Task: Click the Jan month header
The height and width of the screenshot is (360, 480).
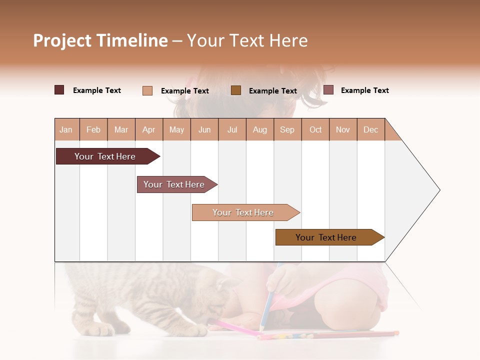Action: pyautogui.click(x=66, y=129)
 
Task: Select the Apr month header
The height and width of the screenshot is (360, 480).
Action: pyautogui.click(x=148, y=129)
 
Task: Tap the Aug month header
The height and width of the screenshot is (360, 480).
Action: pyautogui.click(x=259, y=129)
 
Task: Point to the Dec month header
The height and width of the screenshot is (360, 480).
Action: pyautogui.click(x=370, y=129)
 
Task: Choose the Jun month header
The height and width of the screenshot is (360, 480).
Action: pyautogui.click(x=204, y=129)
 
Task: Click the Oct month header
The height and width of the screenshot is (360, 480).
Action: pyautogui.click(x=315, y=129)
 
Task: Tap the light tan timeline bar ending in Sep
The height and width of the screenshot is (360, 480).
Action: pyautogui.click(x=243, y=212)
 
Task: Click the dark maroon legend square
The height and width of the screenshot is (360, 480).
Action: pyautogui.click(x=59, y=90)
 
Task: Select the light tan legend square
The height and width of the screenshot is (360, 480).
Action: pyautogui.click(x=147, y=90)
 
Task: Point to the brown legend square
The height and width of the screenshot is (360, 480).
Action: pyautogui.click(x=236, y=90)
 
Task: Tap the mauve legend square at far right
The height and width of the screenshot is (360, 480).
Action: pyautogui.click(x=328, y=90)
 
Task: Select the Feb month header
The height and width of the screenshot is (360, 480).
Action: pyautogui.click(x=93, y=129)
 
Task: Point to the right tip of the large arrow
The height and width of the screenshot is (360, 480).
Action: pyautogui.click(x=439, y=190)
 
